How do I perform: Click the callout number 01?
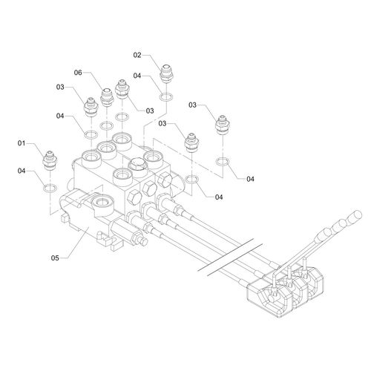[x=22, y=143]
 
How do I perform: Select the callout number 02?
[x=137, y=55]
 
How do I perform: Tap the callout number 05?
[x=55, y=258]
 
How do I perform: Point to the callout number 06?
[x=78, y=73]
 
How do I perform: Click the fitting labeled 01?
[x=50, y=160]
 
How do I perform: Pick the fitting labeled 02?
[x=167, y=73]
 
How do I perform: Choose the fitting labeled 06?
[x=107, y=97]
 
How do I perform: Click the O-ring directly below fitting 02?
[x=166, y=97]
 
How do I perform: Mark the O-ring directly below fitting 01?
[x=50, y=188]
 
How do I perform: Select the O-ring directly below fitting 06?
[x=107, y=125]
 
